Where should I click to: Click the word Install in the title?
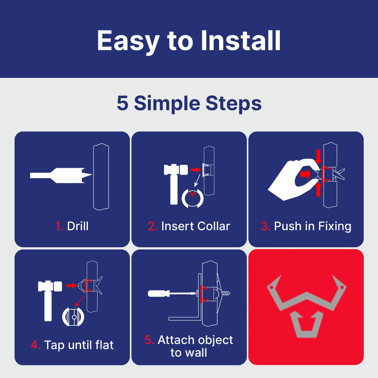(x=241, y=41)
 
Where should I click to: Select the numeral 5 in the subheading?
(x=122, y=103)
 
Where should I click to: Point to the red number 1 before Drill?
(x=59, y=226)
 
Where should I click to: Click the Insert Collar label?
(x=195, y=226)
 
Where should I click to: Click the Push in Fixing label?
(x=312, y=226)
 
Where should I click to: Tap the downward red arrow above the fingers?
(x=318, y=156)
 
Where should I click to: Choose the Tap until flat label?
(x=79, y=345)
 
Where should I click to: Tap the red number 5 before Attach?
(x=149, y=340)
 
